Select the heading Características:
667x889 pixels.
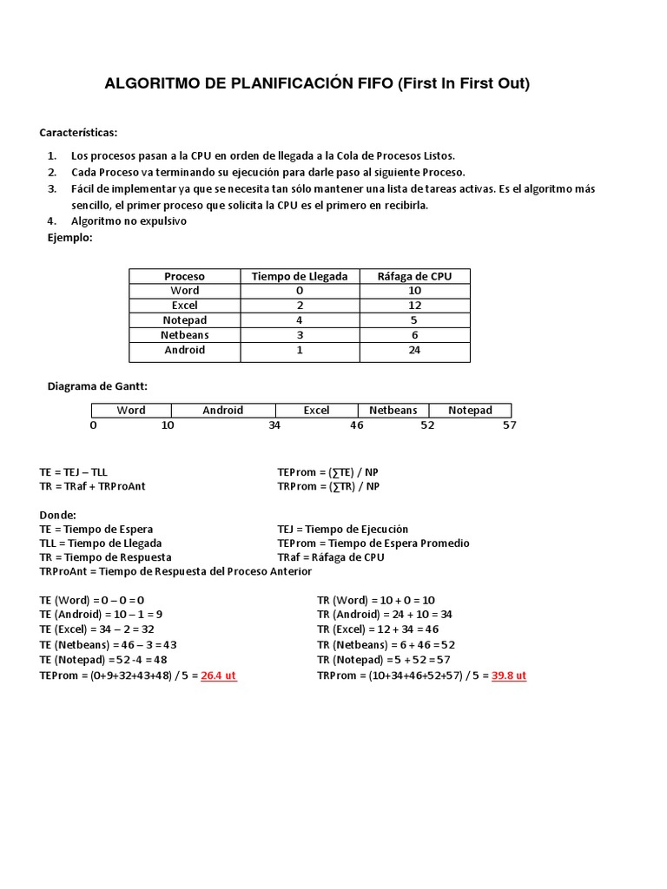point(78,133)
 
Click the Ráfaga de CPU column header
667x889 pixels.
point(414,276)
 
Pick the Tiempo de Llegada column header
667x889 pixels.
point(300,276)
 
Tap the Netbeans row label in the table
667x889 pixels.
point(184,335)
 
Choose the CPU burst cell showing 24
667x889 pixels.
point(414,350)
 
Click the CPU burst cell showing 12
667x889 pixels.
point(414,306)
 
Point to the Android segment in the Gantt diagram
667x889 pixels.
point(223,411)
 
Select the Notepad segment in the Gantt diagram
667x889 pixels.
point(470,411)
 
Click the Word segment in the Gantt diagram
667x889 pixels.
point(131,411)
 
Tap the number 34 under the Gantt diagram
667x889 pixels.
point(274,425)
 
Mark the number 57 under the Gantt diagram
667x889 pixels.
point(510,425)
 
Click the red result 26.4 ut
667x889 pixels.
point(219,675)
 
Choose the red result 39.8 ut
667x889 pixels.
point(509,675)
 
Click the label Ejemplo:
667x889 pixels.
point(69,237)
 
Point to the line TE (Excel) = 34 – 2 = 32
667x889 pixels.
point(97,629)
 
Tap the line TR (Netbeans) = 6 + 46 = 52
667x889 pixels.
point(386,644)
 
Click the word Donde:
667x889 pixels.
point(58,514)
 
